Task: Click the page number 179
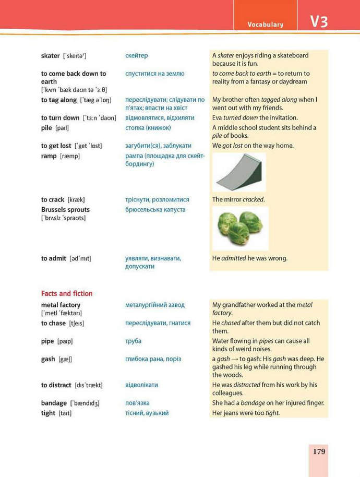[x=319, y=451]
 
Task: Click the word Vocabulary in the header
[x=266, y=25]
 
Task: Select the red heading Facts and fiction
[x=67, y=293]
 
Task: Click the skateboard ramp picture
[x=239, y=173]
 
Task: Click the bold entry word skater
[x=51, y=56]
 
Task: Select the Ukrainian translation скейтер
[x=137, y=56]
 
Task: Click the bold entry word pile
[x=47, y=128]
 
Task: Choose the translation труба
[x=133, y=341]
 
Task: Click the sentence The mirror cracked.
[x=238, y=199]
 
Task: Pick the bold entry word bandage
[x=54, y=403]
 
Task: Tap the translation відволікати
[x=141, y=385]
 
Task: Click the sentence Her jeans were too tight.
[x=246, y=413]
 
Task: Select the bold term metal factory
[x=61, y=305]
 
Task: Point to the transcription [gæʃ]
[x=65, y=360]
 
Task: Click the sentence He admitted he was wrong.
[x=249, y=258]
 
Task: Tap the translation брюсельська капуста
[x=155, y=210]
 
